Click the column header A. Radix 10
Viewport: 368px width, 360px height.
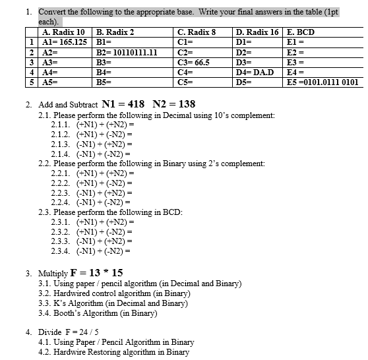[63, 32]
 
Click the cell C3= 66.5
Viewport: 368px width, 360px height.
[194, 63]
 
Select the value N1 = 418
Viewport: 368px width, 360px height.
[123, 104]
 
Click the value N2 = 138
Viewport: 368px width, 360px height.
[173, 104]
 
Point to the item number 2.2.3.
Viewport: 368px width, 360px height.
[61, 192]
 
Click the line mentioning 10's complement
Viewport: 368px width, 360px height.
[156, 115]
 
